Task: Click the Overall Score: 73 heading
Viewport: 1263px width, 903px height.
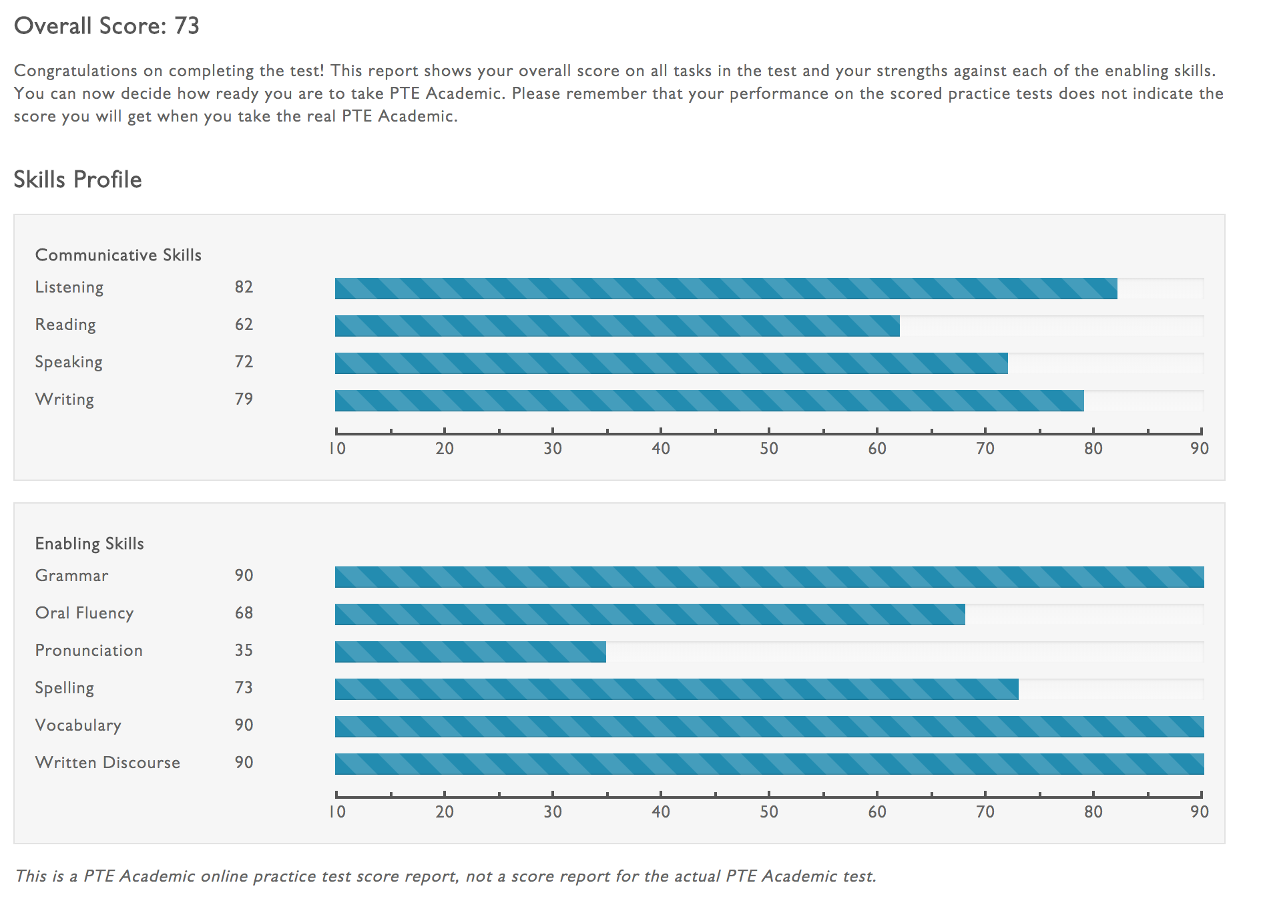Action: click(107, 26)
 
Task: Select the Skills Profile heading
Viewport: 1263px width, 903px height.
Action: click(77, 180)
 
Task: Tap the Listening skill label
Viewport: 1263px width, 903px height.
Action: click(69, 287)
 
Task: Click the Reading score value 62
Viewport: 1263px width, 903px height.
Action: click(244, 325)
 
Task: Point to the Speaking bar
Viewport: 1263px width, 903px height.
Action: click(671, 363)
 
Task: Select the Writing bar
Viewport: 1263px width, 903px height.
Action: click(709, 401)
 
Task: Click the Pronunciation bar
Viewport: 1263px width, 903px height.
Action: click(470, 652)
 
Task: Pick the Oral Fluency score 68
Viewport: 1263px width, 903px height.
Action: click(244, 613)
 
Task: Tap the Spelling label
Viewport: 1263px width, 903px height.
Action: click(65, 688)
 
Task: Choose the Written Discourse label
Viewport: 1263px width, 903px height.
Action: click(107, 763)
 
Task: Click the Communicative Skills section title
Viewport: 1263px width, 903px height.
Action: click(118, 255)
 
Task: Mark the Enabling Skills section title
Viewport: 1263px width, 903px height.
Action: click(89, 544)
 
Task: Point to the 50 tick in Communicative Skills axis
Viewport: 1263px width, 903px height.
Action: click(769, 448)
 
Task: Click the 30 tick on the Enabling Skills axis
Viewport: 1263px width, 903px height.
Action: click(553, 811)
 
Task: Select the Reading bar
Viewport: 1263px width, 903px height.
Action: click(617, 326)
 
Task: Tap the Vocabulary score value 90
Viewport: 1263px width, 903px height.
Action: click(244, 725)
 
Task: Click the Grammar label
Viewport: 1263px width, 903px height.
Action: click(71, 576)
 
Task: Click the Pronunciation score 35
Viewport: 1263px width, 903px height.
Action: click(244, 651)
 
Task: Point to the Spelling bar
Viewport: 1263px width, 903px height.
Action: click(676, 689)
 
